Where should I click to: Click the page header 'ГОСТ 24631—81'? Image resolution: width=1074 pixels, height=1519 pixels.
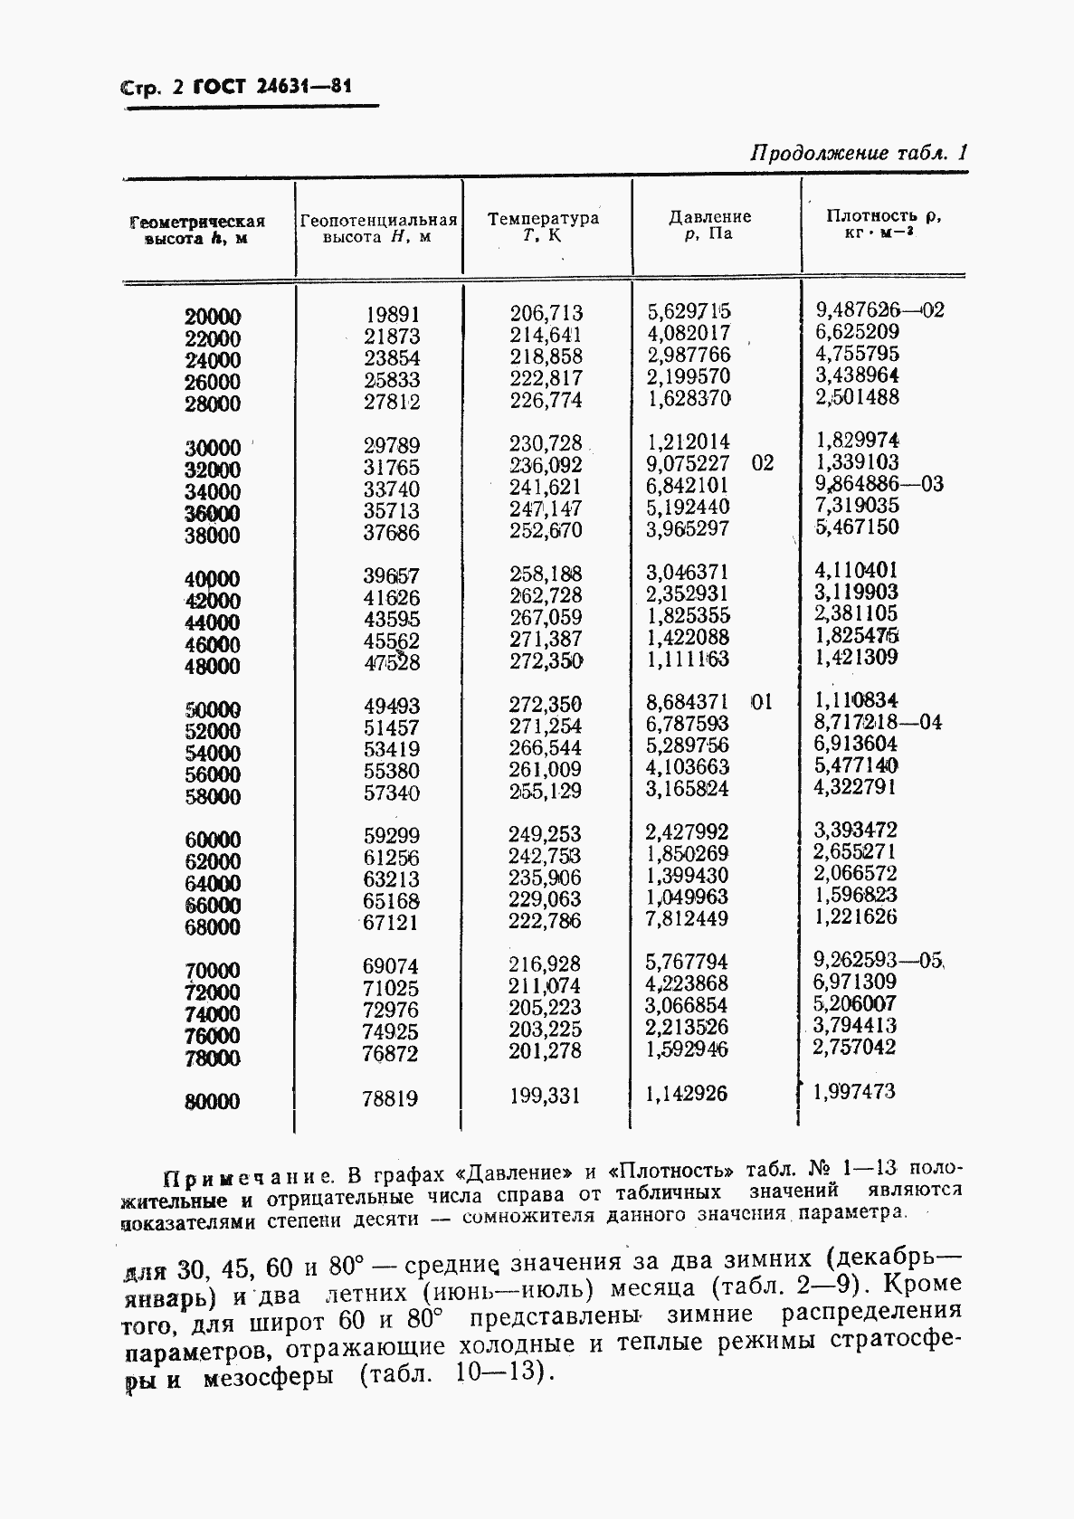271,88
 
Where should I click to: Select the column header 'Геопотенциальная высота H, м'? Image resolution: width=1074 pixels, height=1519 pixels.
378,228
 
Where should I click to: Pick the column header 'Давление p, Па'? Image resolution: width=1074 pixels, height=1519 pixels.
709,225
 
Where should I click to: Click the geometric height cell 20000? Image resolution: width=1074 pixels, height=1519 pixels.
213,317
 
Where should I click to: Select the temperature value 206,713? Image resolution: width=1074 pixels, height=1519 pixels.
547,313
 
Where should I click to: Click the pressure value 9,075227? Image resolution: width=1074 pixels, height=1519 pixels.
688,463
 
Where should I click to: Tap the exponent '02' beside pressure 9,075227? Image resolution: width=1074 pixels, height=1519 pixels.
763,463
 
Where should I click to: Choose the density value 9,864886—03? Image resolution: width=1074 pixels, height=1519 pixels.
879,484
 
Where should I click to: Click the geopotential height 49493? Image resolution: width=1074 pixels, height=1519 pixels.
391,706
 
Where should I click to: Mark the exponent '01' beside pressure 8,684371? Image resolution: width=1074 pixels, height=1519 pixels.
762,702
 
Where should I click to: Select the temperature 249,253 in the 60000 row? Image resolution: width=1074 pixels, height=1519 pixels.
546,834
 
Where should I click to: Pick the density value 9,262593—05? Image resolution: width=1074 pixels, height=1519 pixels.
879,961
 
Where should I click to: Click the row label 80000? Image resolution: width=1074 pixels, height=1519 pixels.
213,1101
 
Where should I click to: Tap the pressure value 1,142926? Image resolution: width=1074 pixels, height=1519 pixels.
687,1094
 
